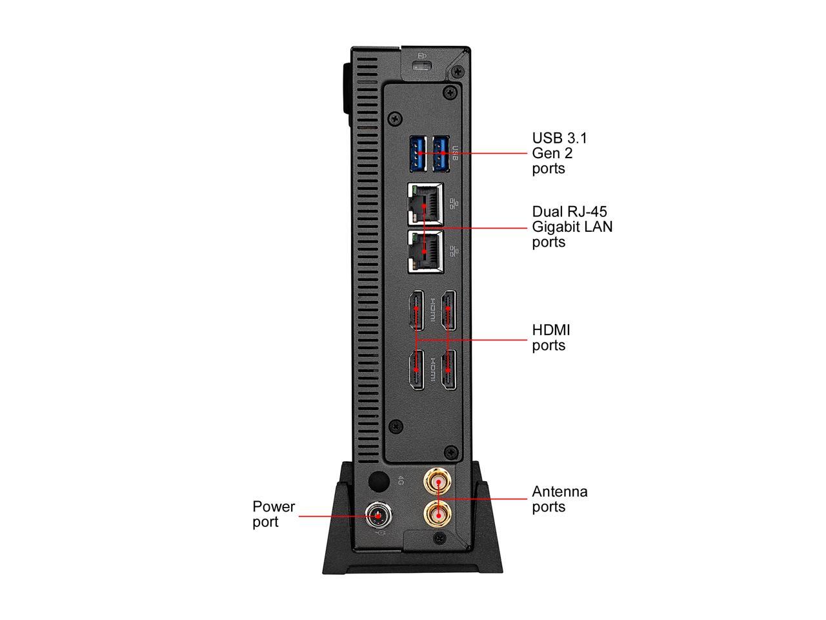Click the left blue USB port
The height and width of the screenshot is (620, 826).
click(x=418, y=154)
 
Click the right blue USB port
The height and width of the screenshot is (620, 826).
click(x=441, y=154)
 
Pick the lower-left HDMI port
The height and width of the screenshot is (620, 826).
click(x=416, y=370)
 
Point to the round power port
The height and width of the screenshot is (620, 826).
click(x=378, y=516)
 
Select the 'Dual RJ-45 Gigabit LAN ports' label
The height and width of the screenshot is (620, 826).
click(x=572, y=227)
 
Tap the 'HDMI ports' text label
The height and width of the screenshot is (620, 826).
click(x=550, y=338)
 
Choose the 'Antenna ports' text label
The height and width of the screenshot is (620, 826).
click(x=559, y=499)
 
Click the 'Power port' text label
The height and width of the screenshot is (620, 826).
click(x=274, y=514)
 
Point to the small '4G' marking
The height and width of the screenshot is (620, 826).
click(x=401, y=481)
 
